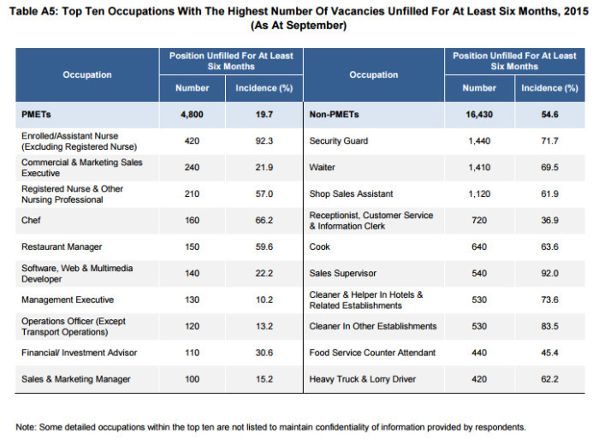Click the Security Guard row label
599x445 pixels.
(339, 141)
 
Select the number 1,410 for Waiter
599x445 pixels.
(479, 168)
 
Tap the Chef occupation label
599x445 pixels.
(31, 221)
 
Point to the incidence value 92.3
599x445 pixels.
(264, 141)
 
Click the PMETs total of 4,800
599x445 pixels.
(192, 115)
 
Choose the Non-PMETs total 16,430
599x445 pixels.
(479, 115)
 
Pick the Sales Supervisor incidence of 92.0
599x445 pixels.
(549, 273)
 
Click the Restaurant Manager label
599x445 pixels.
(62, 246)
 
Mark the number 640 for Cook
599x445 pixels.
(479, 246)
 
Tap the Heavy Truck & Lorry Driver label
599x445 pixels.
(363, 379)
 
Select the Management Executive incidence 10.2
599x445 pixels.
(264, 300)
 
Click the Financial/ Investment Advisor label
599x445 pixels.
(79, 353)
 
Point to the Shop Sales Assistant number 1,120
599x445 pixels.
(479, 193)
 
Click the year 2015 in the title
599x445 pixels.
(576, 10)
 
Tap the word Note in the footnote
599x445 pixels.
(26, 427)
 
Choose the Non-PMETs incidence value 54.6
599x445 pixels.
(549, 115)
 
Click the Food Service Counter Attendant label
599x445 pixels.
(372, 353)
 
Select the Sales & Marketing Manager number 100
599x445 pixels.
(192, 379)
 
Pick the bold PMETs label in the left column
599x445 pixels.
(36, 115)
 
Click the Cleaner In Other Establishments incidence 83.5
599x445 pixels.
(549, 326)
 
